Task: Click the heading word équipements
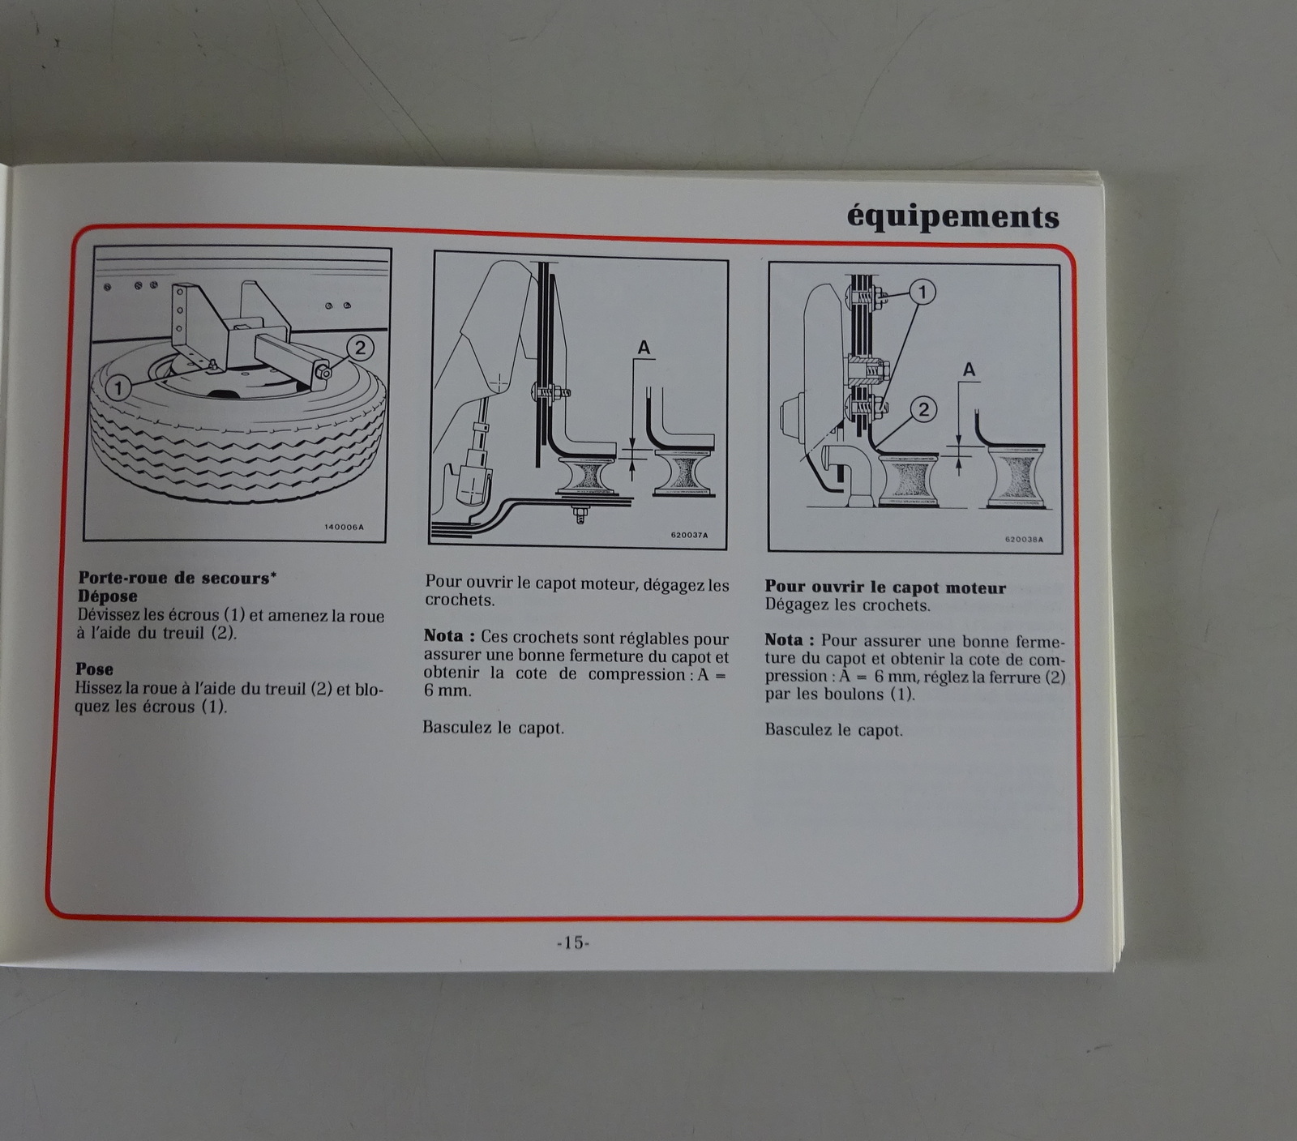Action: (x=952, y=217)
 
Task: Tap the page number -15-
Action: (x=573, y=942)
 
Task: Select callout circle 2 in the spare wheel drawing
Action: (x=360, y=348)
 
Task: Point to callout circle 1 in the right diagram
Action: (x=922, y=292)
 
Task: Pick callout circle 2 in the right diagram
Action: (x=923, y=409)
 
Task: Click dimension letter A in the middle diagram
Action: (x=644, y=348)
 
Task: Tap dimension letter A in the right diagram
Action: (x=969, y=370)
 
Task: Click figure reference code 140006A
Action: (x=345, y=527)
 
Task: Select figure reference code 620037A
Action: (x=689, y=535)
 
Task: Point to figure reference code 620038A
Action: (x=1024, y=540)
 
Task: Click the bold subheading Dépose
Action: (x=108, y=596)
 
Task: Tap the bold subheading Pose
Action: (x=94, y=669)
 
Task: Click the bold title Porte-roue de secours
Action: (x=177, y=578)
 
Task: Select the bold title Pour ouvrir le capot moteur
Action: (x=885, y=588)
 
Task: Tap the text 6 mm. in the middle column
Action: (x=447, y=691)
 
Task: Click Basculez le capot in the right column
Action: (x=833, y=730)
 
